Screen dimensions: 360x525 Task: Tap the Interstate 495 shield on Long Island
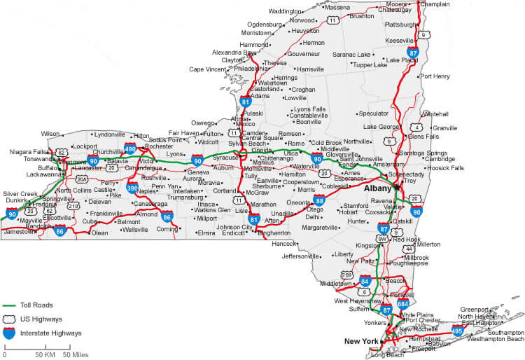click(458, 329)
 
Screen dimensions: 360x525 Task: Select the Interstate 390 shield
click(132, 187)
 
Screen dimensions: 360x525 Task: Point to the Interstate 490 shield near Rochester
click(130, 148)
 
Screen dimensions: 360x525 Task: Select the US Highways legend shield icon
click(8, 319)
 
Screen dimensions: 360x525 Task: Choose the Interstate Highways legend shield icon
click(8, 333)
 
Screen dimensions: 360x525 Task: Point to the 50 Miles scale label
click(75, 354)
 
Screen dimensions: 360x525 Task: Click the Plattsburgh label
click(400, 25)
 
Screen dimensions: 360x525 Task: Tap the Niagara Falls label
click(28, 151)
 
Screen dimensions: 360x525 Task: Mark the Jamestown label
click(19, 231)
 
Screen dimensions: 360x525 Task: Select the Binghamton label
click(274, 233)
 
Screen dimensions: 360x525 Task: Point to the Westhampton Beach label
click(496, 339)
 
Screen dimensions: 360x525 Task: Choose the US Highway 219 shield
click(72, 206)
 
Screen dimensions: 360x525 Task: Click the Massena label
click(337, 8)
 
